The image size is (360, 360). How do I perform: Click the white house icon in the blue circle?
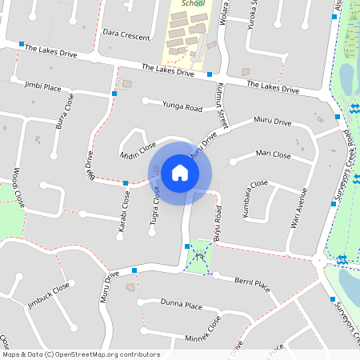click(180, 172)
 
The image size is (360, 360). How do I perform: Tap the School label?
click(194, 4)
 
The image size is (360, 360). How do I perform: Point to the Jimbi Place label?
click(43, 86)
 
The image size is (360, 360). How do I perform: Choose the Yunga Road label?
click(182, 106)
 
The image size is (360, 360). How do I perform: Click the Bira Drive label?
click(90, 164)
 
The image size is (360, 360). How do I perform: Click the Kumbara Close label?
click(254, 199)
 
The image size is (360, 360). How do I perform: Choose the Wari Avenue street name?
click(298, 208)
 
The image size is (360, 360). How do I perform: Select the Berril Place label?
click(252, 282)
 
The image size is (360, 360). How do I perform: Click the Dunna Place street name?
click(181, 304)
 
